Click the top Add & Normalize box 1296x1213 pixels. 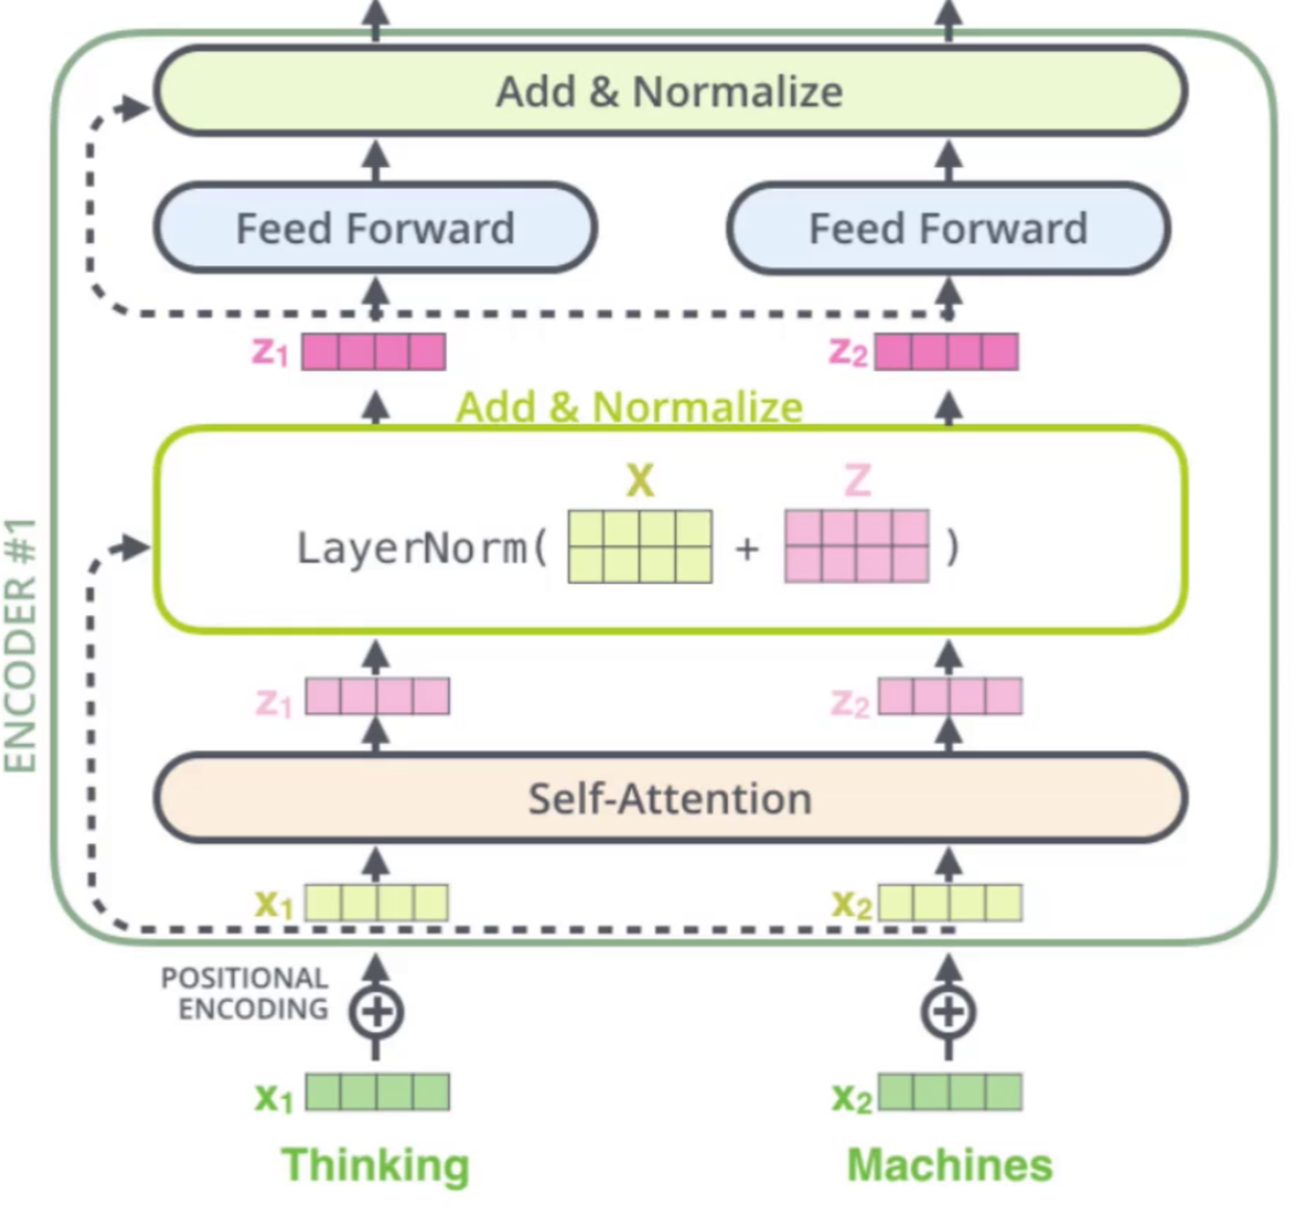tap(670, 91)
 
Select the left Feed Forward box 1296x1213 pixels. tap(376, 228)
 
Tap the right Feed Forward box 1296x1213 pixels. tap(948, 228)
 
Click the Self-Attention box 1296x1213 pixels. tap(670, 798)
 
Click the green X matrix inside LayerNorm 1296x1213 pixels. tap(640, 547)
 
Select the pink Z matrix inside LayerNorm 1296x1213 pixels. tap(856, 547)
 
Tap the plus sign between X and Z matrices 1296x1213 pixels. tap(747, 549)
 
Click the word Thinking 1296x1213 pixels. tap(376, 1165)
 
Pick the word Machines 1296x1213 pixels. tap(950, 1165)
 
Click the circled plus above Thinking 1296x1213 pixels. tap(376, 1012)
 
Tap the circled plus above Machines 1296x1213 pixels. tap(948, 1012)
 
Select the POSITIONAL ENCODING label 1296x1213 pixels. tap(246, 994)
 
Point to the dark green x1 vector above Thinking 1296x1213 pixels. tap(378, 1092)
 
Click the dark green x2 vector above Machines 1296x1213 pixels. tap(950, 1092)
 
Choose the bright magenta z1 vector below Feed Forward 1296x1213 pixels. tap(374, 352)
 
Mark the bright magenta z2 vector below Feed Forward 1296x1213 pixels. tap(946, 352)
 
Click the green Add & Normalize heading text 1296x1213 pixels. tap(629, 407)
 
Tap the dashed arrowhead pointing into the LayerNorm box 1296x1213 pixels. tap(135, 548)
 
